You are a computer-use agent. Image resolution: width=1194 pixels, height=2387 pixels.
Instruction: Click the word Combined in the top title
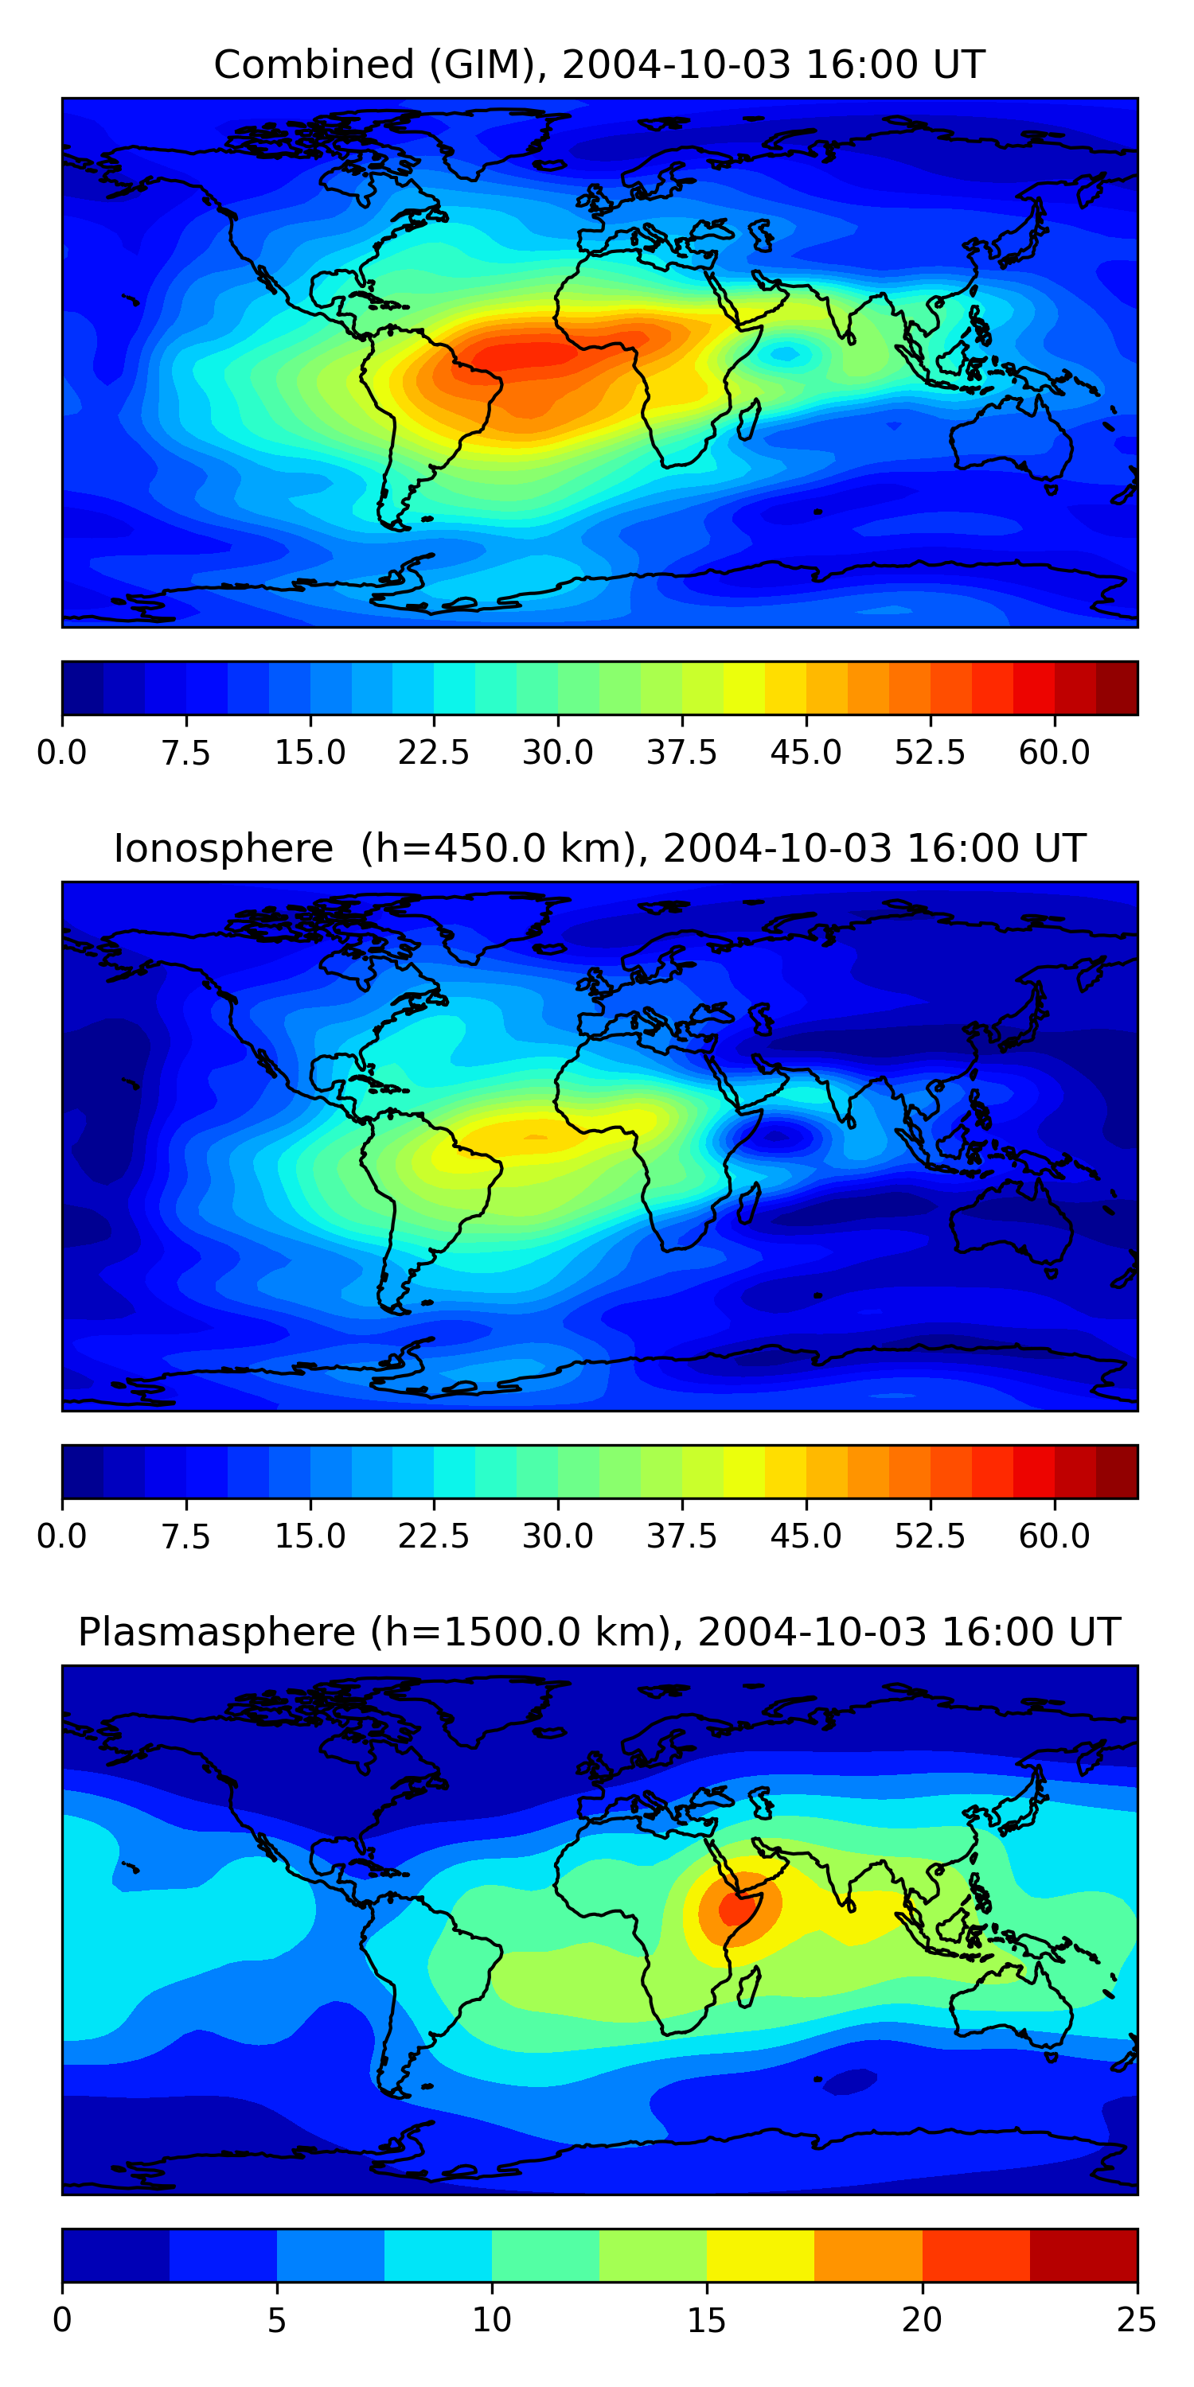[x=314, y=65]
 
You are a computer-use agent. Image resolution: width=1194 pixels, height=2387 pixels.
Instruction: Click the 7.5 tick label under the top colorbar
[x=185, y=753]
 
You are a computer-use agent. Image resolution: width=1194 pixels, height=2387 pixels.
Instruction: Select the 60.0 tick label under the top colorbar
[x=1054, y=753]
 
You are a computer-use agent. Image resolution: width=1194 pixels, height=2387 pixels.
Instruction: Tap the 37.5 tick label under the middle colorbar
[x=681, y=1536]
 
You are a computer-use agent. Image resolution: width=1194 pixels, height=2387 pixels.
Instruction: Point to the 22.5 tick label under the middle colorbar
[x=434, y=1536]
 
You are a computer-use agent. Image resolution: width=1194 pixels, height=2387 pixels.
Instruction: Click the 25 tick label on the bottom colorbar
[x=1137, y=2320]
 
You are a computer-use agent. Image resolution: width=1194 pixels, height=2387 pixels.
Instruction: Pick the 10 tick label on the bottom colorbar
[x=491, y=2320]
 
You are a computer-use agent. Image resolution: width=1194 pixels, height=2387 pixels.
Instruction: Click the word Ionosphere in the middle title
[x=223, y=849]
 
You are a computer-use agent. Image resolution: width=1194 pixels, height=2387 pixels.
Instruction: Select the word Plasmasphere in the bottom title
[x=216, y=1633]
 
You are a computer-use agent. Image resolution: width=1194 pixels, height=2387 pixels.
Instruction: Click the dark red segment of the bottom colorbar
[x=1083, y=2256]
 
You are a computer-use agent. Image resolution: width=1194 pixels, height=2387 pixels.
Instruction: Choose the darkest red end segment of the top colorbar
[x=1116, y=687]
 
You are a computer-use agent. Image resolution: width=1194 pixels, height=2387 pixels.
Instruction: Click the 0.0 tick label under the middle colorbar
[x=61, y=1536]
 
